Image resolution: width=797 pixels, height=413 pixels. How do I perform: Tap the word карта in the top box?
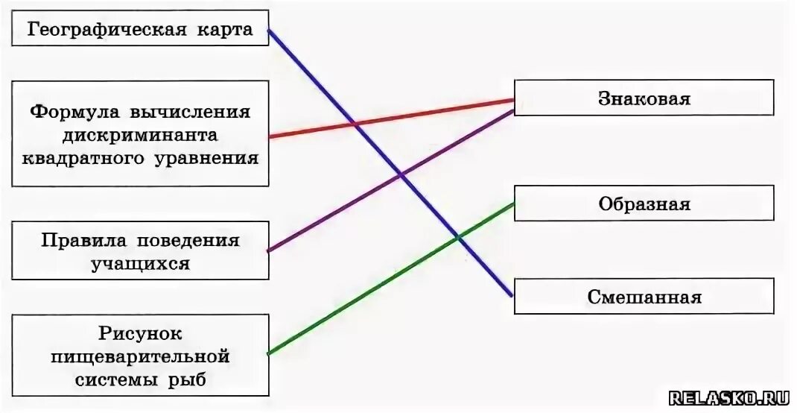223,30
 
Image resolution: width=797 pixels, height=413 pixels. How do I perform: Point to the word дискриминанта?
140,135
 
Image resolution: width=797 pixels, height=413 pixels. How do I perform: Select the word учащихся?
140,264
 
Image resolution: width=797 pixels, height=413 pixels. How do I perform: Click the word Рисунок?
140,333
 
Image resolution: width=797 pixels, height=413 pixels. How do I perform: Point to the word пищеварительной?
140,356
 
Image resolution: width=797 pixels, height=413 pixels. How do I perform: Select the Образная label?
644,204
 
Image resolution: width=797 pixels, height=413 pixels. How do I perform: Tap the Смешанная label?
644,297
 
